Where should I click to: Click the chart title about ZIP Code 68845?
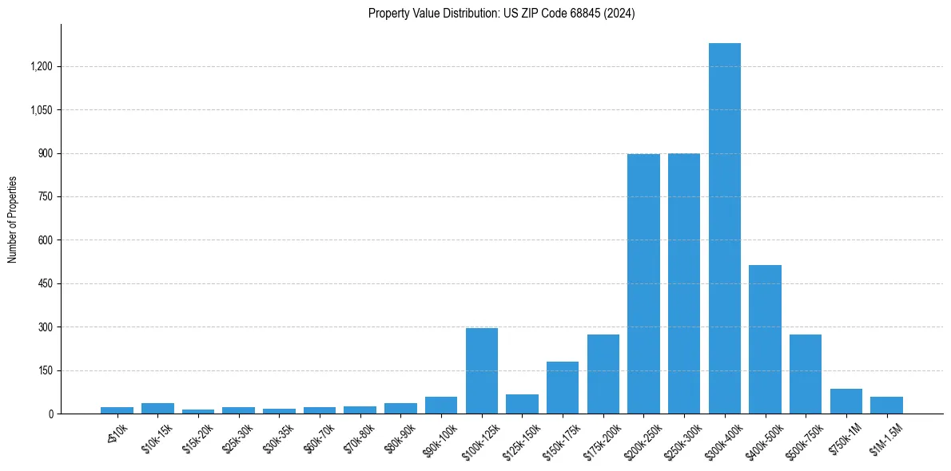(x=501, y=14)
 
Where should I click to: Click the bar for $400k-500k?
(x=765, y=339)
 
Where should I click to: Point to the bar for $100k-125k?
(x=482, y=371)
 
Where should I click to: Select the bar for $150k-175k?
(x=563, y=388)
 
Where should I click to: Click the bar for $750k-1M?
(x=846, y=401)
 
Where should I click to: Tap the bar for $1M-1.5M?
(x=886, y=405)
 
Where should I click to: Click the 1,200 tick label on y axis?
(x=42, y=66)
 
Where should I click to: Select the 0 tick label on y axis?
(x=50, y=414)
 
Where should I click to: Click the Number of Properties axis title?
(x=13, y=220)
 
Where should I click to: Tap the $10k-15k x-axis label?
(x=157, y=435)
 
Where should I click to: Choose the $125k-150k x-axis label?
(x=520, y=438)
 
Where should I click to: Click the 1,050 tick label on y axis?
(x=42, y=109)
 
